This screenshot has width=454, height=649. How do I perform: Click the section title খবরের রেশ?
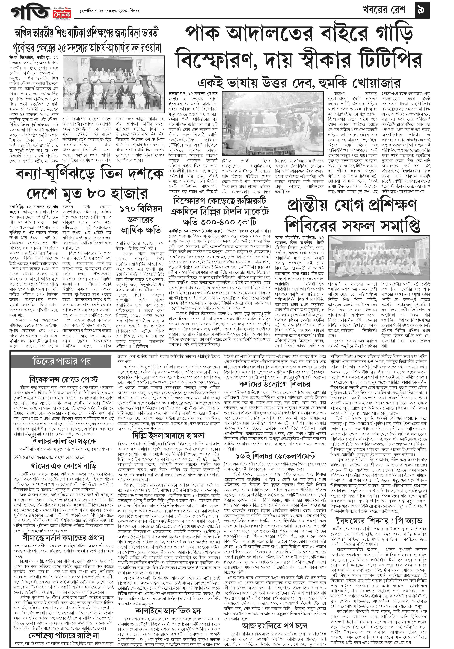(x=383, y=10)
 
